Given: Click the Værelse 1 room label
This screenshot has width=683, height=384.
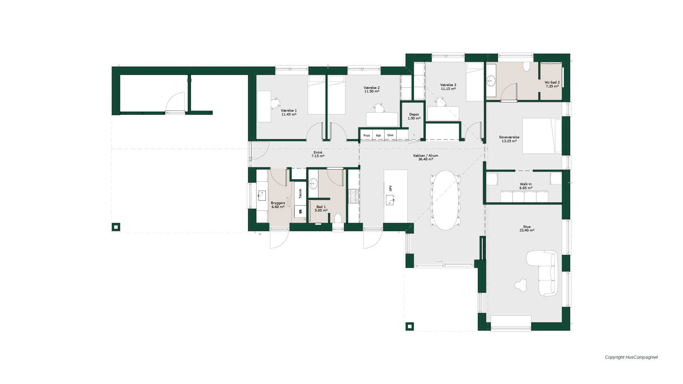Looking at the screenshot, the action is pyautogui.click(x=288, y=112).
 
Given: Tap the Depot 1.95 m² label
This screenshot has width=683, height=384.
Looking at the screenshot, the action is pyautogui.click(x=414, y=116).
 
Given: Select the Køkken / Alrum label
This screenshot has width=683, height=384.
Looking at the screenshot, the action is pyautogui.click(x=425, y=158).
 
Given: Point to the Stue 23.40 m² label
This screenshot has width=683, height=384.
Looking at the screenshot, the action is pyautogui.click(x=527, y=229).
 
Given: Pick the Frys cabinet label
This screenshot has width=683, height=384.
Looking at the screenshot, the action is pyautogui.click(x=366, y=135).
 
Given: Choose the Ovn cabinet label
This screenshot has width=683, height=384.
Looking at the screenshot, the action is pyautogui.click(x=390, y=135).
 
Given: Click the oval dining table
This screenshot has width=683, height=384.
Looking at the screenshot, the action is pyautogui.click(x=445, y=200).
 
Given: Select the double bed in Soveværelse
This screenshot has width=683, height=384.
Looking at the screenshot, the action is pyautogui.click(x=542, y=136).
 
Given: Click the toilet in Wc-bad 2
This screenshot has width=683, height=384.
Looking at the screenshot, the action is pyautogui.click(x=526, y=67).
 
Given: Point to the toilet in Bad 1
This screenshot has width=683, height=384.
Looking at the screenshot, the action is pyautogui.click(x=338, y=218).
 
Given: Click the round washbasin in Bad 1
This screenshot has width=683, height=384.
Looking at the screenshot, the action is pyautogui.click(x=313, y=183).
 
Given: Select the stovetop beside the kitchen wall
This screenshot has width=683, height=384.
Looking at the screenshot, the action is pyautogui.click(x=353, y=196).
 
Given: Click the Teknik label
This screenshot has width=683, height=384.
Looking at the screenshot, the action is pyautogui.click(x=300, y=193).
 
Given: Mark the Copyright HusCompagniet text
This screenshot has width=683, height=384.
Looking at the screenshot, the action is pyautogui.click(x=631, y=357).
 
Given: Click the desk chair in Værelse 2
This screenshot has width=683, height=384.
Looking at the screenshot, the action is pyautogui.click(x=379, y=108).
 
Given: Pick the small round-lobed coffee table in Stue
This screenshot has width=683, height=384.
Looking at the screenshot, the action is pyautogui.click(x=521, y=285).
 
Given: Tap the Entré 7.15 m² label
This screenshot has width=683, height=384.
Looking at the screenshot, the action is pyautogui.click(x=318, y=154).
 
